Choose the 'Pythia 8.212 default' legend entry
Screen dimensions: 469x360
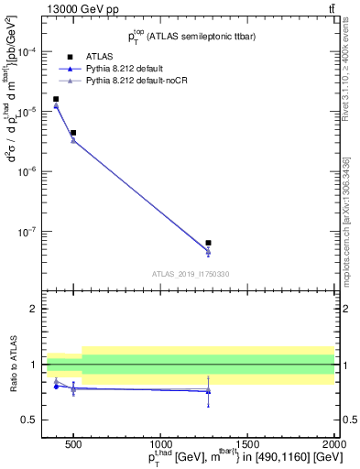pos(127,69)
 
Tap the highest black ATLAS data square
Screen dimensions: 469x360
pos(56,99)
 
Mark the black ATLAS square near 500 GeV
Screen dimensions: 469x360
pos(73,133)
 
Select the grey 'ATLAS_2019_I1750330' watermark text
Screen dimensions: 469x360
pos(191,274)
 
